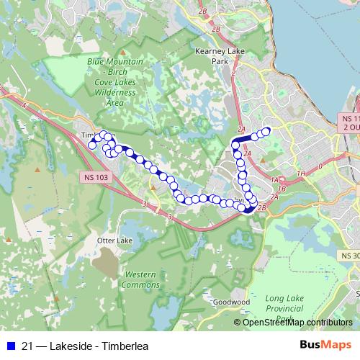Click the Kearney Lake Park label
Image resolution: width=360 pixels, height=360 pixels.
click(217, 56)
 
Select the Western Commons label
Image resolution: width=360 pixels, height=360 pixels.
click(140, 279)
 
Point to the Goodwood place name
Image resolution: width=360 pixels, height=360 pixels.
click(231, 302)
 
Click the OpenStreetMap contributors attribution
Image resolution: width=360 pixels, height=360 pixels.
click(297, 322)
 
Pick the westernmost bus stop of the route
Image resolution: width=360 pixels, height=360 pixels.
click(91, 145)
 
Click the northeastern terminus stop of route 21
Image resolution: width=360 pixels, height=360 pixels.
click(266, 131)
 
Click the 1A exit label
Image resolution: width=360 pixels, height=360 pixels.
click(274, 179)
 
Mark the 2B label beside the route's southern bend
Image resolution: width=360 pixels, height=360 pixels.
click(261, 207)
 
